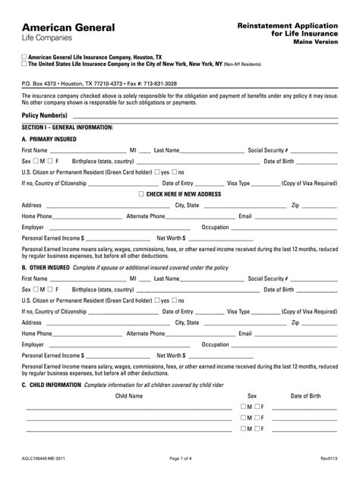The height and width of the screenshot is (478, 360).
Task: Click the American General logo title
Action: pos(68,27)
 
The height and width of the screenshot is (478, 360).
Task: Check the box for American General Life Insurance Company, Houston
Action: pos(25,57)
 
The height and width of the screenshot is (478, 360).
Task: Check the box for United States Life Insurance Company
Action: pos(25,64)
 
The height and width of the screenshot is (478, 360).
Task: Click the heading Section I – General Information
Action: pos(68,127)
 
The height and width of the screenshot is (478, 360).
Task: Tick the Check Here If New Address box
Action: pos(141,194)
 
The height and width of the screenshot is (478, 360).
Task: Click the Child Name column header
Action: pos(128,396)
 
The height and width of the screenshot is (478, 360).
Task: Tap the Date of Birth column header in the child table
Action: pos(305,396)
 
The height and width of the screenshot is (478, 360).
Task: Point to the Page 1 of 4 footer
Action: pos(180,458)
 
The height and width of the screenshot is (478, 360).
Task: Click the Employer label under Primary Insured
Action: pos(33,227)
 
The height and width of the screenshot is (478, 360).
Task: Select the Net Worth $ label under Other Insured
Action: pos(170,354)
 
